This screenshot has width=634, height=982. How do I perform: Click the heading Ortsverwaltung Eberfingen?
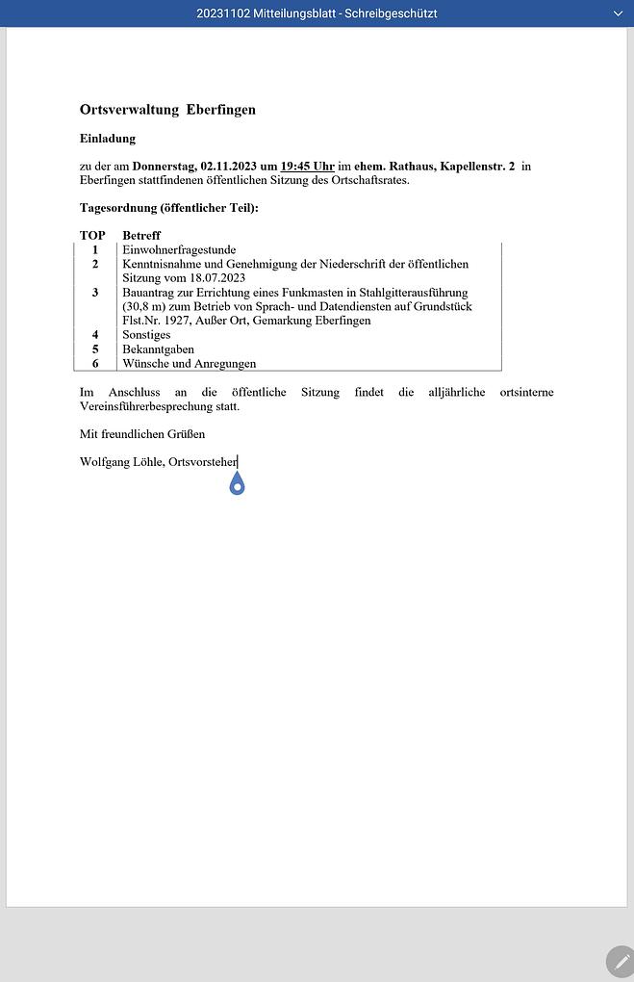(167, 110)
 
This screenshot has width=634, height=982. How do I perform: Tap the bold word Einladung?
(108, 139)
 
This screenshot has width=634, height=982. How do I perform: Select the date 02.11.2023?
(228, 167)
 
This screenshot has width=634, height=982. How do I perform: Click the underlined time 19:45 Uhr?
(307, 167)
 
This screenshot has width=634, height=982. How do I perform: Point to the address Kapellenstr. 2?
(476, 167)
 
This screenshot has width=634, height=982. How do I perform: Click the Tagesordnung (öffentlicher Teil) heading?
(168, 208)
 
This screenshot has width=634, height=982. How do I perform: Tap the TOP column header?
(92, 236)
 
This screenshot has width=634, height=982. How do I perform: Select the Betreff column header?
(141, 236)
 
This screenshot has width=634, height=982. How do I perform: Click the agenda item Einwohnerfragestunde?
(179, 250)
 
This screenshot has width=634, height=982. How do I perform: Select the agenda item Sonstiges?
(146, 335)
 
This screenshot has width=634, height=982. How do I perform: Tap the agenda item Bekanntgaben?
(158, 349)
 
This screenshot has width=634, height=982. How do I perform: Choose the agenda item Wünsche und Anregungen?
(189, 364)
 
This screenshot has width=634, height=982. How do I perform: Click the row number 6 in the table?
(95, 364)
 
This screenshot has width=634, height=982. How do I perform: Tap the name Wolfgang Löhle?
(121, 463)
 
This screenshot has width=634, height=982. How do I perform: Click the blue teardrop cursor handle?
(238, 485)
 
